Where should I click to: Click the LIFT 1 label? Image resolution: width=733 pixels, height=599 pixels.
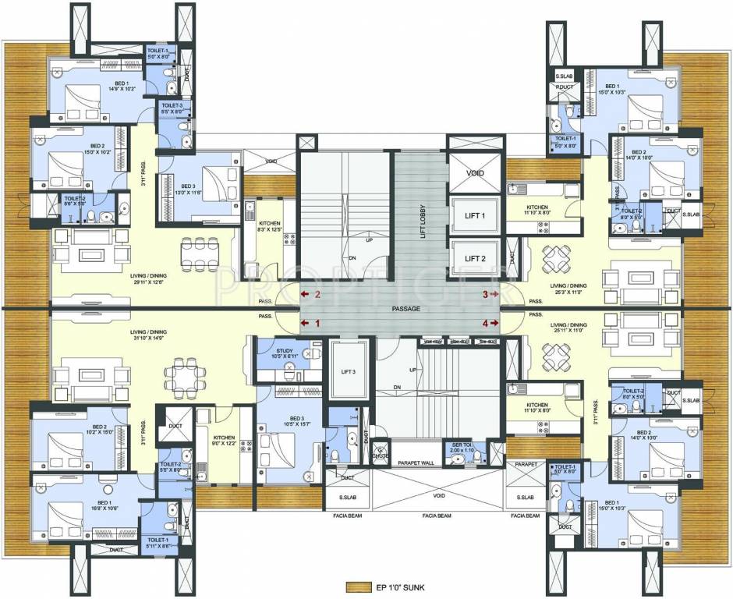[x=475, y=216]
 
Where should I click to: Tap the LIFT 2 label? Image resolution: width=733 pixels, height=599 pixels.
[x=475, y=258]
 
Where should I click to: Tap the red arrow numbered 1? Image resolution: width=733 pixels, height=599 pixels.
[x=311, y=322]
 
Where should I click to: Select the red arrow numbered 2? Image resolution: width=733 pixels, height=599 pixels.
[x=311, y=295]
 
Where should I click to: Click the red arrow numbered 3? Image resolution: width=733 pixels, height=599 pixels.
[x=490, y=295]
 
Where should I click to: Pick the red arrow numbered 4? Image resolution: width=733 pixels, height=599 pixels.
[x=490, y=322]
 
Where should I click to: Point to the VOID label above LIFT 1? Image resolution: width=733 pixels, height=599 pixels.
[x=475, y=173]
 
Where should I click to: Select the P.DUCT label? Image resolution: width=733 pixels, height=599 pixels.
[x=564, y=88]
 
